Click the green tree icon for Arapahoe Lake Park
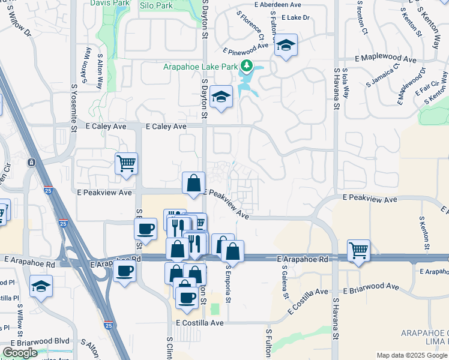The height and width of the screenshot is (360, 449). click(x=246, y=65)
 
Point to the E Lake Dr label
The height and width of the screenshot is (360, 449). click(x=295, y=18)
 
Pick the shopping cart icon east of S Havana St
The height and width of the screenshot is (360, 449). click(x=358, y=249)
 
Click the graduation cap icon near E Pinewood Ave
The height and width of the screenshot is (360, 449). click(x=286, y=45)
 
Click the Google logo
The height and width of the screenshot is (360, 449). click(x=19, y=353)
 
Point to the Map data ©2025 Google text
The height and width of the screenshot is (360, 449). click(x=412, y=355)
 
